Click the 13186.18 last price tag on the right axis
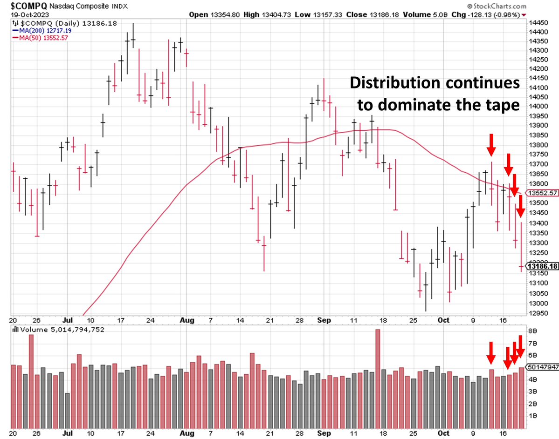[541, 266]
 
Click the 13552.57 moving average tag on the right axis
[541, 193]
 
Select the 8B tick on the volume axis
[531, 331]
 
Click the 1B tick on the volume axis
[531, 415]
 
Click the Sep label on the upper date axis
[324, 321]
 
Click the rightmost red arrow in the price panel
[521, 208]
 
